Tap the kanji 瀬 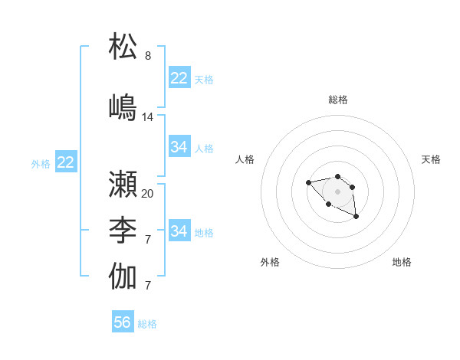tap(123, 184)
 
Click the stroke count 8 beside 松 tap(148, 56)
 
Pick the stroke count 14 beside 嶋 tap(148, 117)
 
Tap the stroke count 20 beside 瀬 tap(148, 194)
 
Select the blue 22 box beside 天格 tap(179, 78)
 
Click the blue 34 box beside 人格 tap(179, 147)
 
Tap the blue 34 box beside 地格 tap(179, 231)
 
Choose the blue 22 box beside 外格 tap(66, 162)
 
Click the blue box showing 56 tap(123, 322)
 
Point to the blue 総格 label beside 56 tap(147, 324)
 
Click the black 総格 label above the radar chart tap(337, 100)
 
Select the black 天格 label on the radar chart tap(431, 159)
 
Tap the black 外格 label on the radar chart tap(270, 262)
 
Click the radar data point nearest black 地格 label tap(356, 218)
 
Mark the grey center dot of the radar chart tap(337, 191)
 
